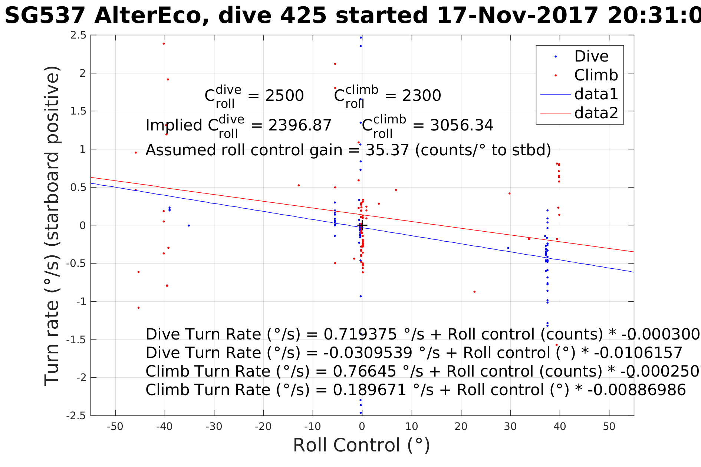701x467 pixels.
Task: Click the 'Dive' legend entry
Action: (591, 57)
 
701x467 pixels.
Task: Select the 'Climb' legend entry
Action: (596, 76)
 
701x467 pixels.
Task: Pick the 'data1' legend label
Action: (596, 95)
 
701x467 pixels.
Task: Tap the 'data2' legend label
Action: (596, 113)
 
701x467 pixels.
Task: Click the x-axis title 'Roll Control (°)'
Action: (362, 445)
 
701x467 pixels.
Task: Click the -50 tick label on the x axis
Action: (115, 427)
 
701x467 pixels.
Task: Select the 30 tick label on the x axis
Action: (510, 427)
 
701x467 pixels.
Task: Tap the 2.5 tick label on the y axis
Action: (78, 36)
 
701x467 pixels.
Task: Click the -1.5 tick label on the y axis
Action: (76, 340)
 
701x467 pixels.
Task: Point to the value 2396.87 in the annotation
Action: (300, 126)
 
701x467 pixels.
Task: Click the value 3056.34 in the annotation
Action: (461, 126)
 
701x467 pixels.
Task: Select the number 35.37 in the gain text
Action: (387, 150)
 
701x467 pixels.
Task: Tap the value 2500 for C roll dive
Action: (284, 96)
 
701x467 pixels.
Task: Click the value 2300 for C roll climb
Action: (422, 96)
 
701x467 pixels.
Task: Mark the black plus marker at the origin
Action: (362, 225)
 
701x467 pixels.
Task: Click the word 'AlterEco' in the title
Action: (152, 16)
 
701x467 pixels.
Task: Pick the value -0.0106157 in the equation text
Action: (638, 353)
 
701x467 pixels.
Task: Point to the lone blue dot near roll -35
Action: (189, 225)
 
